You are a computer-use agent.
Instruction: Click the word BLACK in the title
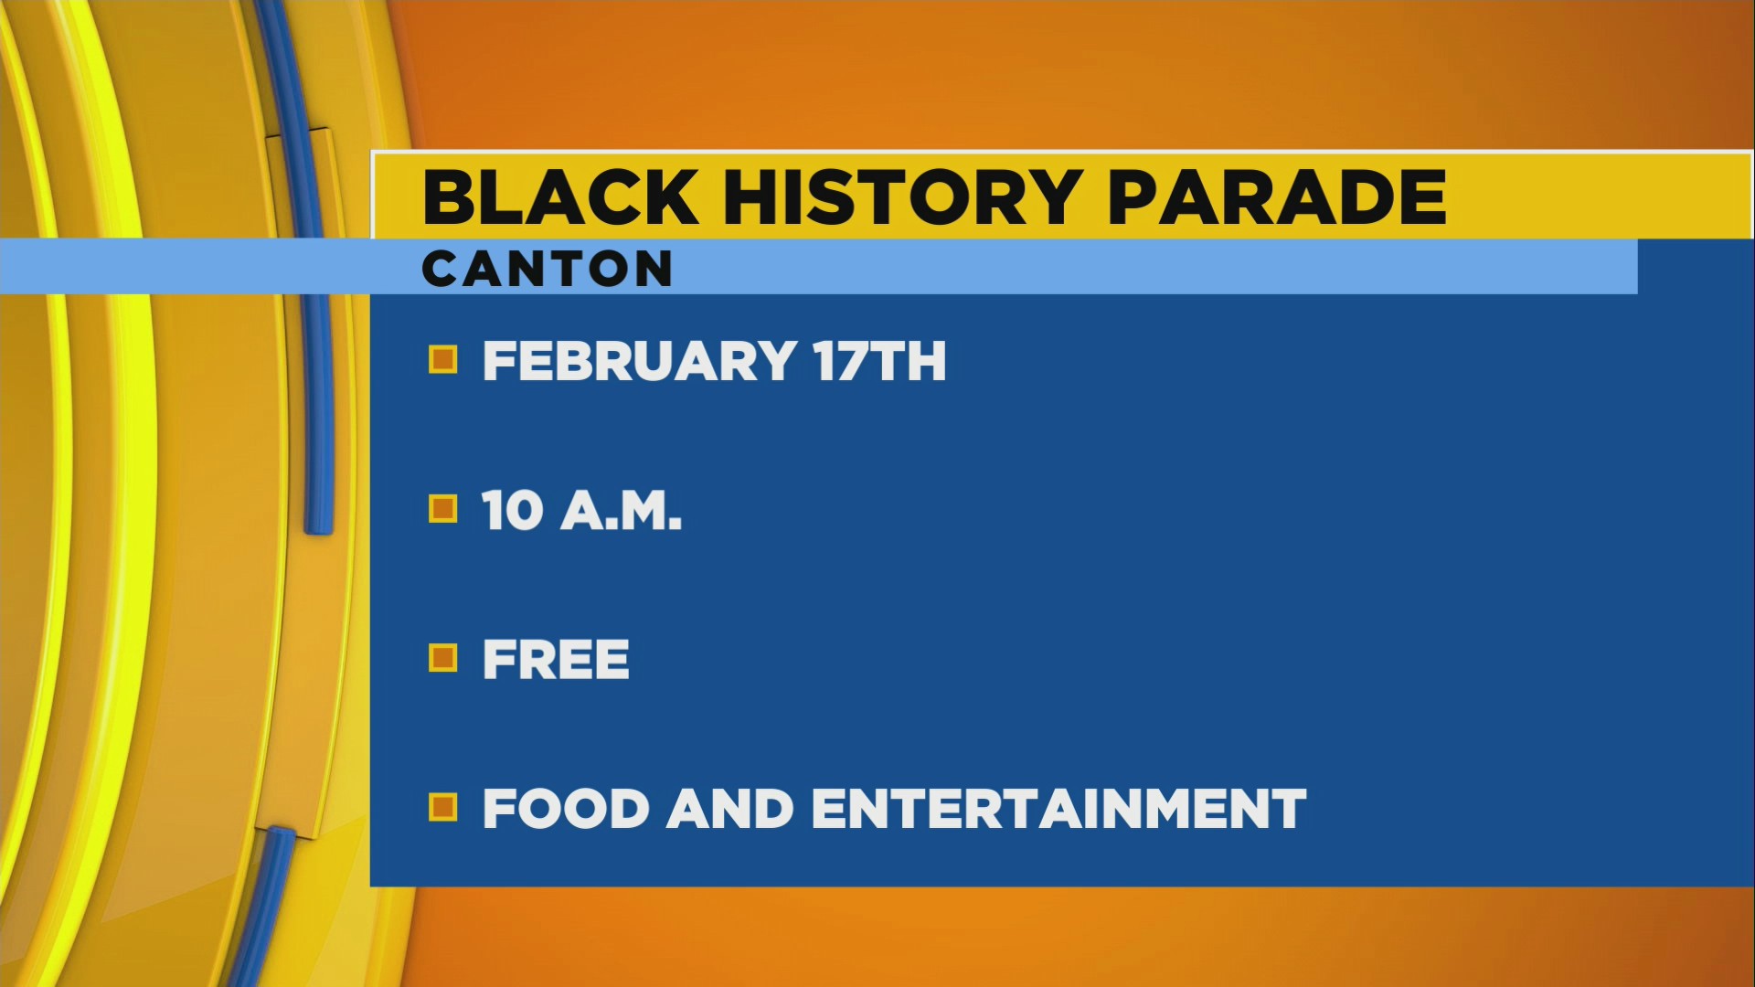[559, 197]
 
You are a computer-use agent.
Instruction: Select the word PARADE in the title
[1277, 197]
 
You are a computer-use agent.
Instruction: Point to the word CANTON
[547, 270]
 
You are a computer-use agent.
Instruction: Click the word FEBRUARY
[638, 361]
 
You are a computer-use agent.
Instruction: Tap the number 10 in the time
[513, 510]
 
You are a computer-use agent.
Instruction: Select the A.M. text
[622, 510]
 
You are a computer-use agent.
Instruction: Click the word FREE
[556, 660]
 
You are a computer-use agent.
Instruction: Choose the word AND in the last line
[729, 809]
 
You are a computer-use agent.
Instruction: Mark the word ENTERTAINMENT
[1058, 809]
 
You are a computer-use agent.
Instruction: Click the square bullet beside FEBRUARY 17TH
[443, 360]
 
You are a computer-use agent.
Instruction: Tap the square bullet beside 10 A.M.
[443, 509]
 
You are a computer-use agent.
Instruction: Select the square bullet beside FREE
[443, 658]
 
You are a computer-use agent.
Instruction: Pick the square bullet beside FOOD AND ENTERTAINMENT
[443, 808]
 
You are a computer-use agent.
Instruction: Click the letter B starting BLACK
[449, 197]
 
